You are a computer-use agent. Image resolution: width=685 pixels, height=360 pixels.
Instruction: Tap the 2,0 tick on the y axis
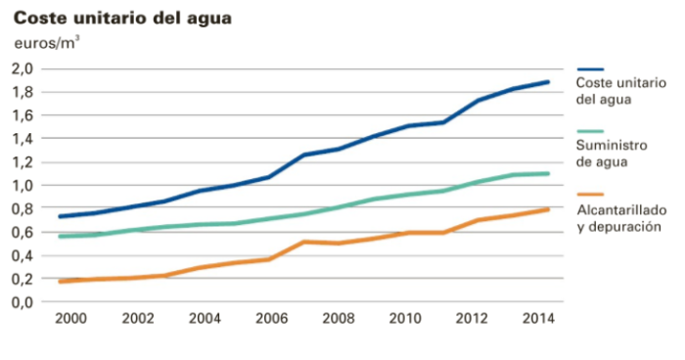click(x=23, y=68)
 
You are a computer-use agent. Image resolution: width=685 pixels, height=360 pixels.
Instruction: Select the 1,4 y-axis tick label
click(x=23, y=139)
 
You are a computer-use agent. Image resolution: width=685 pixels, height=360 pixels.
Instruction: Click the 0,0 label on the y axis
click(x=23, y=302)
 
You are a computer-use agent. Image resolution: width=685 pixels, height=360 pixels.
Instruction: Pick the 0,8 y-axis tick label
click(x=23, y=208)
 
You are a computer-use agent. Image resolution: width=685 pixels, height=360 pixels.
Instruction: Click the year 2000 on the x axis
click(x=68, y=320)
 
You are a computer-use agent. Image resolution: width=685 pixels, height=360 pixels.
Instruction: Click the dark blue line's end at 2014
click(x=548, y=82)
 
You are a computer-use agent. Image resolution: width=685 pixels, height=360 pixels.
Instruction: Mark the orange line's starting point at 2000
click(x=61, y=282)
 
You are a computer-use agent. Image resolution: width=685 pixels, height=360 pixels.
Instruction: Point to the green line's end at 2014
click(x=548, y=173)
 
